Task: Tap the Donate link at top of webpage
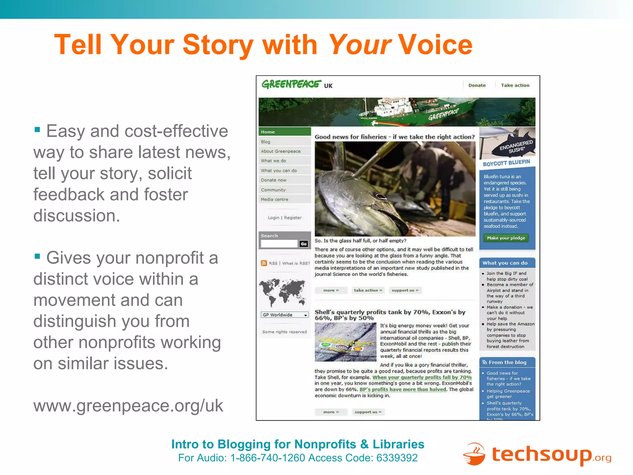[477, 85]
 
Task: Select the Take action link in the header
[515, 85]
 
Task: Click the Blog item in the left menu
[266, 142]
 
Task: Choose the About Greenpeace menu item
[280, 151]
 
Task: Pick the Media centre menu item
[274, 199]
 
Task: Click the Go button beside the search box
[304, 244]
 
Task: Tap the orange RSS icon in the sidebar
[264, 263]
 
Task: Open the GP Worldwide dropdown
[285, 315]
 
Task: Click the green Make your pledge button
[506, 238]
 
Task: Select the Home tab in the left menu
[268, 132]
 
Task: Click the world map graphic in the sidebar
[283, 292]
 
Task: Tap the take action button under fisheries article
[368, 290]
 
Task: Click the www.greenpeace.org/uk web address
[128, 405]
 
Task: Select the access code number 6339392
[397, 458]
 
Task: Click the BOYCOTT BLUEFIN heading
[506, 163]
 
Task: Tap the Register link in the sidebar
[293, 218]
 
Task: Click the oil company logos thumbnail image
[345, 342]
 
